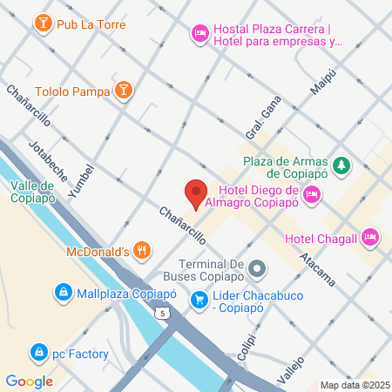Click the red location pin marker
tap(195, 193)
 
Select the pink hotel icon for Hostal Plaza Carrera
tap(199, 34)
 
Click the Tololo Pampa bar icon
tap(125, 90)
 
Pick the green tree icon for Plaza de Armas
tap(342, 165)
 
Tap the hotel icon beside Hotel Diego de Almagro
tap(313, 193)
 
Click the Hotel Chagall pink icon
tap(370, 236)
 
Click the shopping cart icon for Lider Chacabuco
tap(200, 300)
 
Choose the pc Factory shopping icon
tap(38, 353)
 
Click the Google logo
tap(29, 381)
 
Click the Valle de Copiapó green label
tap(34, 191)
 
